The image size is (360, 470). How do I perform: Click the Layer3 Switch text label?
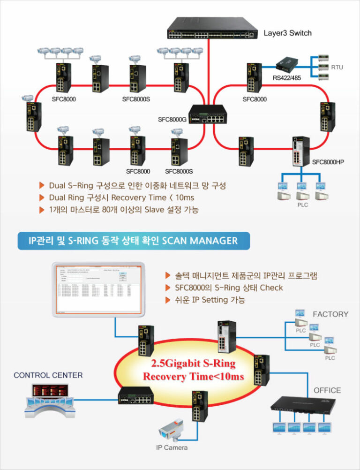287,33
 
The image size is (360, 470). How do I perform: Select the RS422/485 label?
287,78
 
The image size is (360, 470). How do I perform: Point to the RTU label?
337,68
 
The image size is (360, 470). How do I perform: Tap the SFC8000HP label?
328,162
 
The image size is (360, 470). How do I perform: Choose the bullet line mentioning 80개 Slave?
123,210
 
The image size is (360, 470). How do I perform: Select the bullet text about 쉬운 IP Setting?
210,299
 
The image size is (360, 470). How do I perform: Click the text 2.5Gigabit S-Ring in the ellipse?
193,364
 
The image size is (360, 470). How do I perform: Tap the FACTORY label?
330,314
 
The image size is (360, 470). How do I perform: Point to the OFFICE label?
327,390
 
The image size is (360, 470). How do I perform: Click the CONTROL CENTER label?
48,375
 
